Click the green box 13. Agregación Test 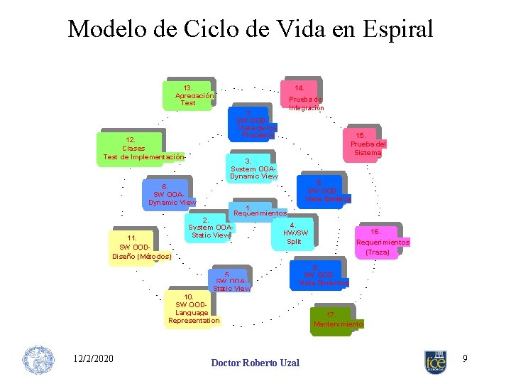tap(188, 95)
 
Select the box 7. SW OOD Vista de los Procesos tap(254, 124)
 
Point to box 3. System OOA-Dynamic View tap(253, 168)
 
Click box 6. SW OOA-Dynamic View tap(167, 194)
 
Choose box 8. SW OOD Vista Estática tap(320, 191)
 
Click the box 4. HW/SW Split tap(294, 233)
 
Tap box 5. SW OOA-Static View tap(228, 281)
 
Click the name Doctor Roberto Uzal tap(255, 363)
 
